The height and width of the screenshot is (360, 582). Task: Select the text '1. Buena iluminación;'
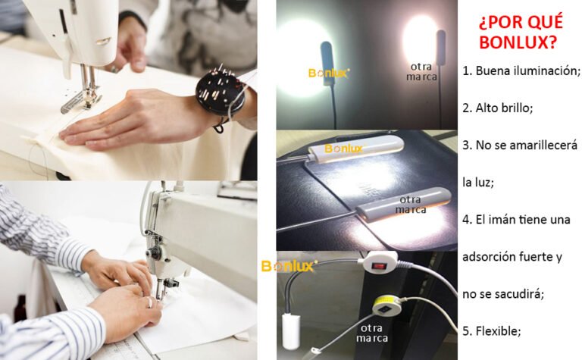(x=521, y=70)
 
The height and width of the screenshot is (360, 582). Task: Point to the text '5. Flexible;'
(x=492, y=330)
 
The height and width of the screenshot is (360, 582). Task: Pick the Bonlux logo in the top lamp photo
(x=328, y=74)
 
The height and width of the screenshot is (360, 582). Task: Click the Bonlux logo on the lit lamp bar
(x=343, y=149)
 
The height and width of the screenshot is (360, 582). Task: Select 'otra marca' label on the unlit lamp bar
(x=410, y=205)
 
